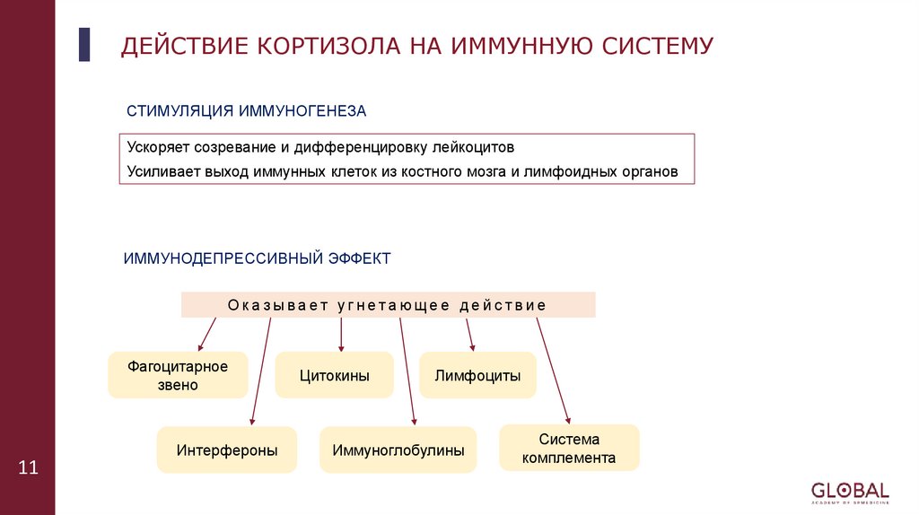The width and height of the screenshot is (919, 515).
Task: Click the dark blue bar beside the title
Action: (84, 44)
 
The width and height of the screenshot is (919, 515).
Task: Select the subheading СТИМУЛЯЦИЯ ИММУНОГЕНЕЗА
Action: (247, 110)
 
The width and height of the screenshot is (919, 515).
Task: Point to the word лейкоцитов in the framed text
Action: (473, 147)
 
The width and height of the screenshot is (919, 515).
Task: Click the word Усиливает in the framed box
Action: (156, 170)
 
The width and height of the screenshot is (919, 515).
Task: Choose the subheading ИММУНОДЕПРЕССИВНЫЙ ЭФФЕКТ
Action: (257, 258)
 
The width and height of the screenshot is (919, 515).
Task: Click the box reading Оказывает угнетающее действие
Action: (388, 305)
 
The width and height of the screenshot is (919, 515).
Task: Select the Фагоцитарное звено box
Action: (178, 376)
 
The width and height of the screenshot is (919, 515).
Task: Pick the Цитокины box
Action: (334, 376)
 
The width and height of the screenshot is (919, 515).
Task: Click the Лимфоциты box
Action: (477, 376)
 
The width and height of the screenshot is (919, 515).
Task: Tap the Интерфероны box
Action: (226, 450)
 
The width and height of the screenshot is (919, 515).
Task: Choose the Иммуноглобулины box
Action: (398, 450)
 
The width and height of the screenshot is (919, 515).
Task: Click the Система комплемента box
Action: (569, 449)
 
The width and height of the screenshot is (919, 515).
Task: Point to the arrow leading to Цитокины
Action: (341, 335)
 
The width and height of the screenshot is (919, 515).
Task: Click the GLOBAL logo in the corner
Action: (849, 493)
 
